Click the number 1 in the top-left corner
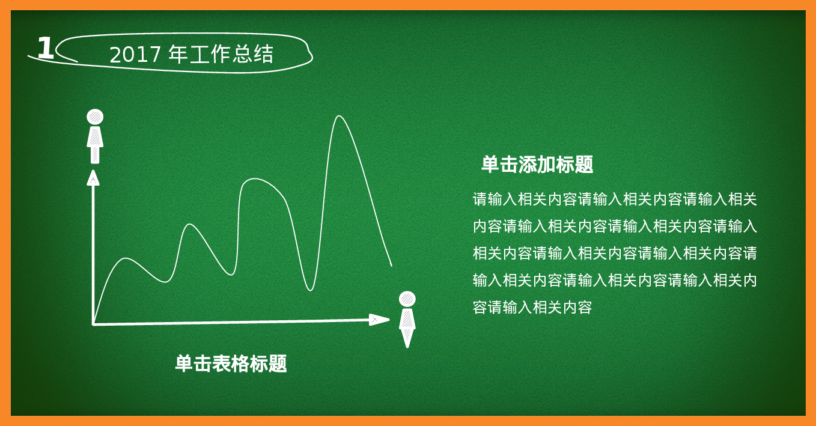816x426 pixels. [45, 49]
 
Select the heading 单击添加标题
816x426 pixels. [537, 165]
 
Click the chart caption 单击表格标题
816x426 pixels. [231, 364]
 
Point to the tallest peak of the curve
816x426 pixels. [339, 117]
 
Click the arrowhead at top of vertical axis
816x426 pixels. [93, 177]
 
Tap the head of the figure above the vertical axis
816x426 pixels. [95, 117]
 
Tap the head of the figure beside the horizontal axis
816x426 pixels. [407, 299]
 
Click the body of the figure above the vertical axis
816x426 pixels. [95, 144]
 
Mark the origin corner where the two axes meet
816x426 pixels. [94, 324]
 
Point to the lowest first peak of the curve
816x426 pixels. [126, 258]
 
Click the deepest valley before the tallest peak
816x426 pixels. [310, 290]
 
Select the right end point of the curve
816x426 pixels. [391, 265]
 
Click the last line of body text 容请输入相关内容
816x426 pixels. [532, 308]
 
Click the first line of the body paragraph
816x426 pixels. [614, 199]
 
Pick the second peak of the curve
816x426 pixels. [190, 225]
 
